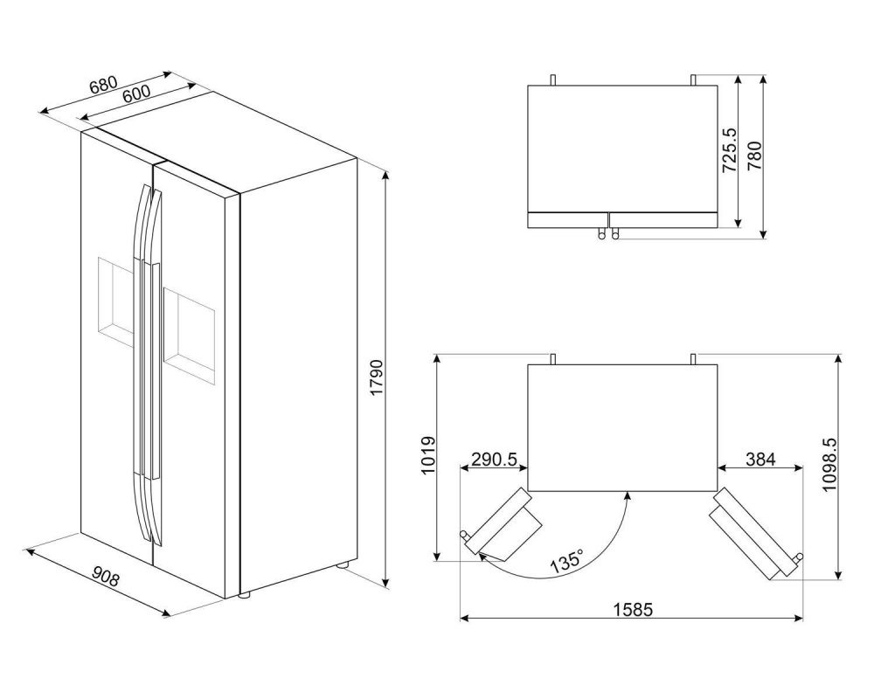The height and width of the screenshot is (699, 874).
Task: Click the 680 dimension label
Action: pyautogui.click(x=103, y=84)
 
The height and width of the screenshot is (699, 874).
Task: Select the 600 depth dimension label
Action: pyautogui.click(x=136, y=94)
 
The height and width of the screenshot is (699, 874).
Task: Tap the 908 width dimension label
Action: pyautogui.click(x=106, y=577)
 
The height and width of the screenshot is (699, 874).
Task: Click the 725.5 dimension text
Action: pyautogui.click(x=730, y=150)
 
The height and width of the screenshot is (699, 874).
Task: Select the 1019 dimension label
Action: pyautogui.click(x=427, y=455)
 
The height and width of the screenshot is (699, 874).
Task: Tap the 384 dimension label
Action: pyautogui.click(x=760, y=460)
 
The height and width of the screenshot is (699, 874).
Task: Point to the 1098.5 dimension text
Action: pyautogui.click(x=829, y=464)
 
